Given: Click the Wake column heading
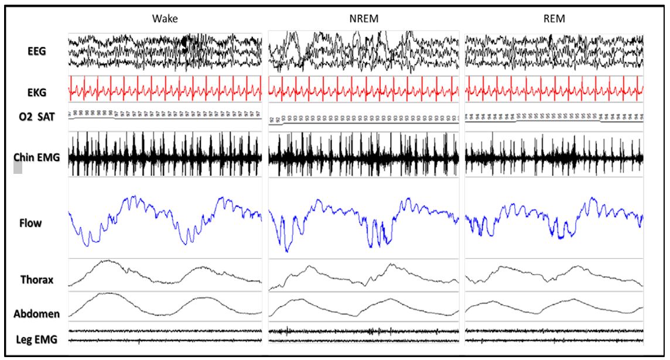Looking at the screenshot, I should (x=165, y=19).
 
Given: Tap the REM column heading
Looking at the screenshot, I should (x=553, y=19).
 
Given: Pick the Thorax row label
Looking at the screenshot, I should (x=37, y=280).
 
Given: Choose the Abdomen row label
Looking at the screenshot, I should (x=36, y=314).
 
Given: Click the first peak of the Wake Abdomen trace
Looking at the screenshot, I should (x=111, y=293).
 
